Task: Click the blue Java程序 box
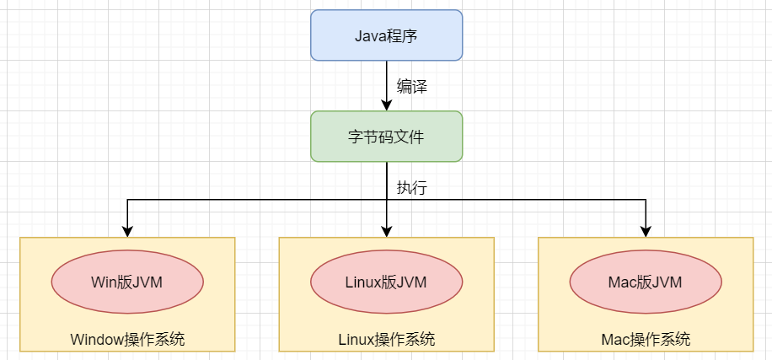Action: coord(386,35)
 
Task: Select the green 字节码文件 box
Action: coord(386,137)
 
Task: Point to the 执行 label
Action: coord(411,187)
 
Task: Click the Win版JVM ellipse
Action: coord(127,282)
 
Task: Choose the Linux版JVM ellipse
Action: coord(386,282)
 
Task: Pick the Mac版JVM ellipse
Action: coord(646,282)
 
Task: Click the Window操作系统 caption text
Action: coord(127,340)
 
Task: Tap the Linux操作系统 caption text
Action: coord(386,340)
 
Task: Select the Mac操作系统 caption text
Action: coord(646,340)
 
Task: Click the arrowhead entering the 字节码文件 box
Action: coord(386,105)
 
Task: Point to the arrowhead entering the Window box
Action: coord(127,231)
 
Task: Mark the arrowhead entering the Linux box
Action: coord(386,231)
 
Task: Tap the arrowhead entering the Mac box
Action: coord(646,231)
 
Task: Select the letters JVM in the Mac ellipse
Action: coord(665,282)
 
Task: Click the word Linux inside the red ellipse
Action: coord(363,282)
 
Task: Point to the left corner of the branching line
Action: coord(127,200)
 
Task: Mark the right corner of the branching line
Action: coord(646,200)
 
